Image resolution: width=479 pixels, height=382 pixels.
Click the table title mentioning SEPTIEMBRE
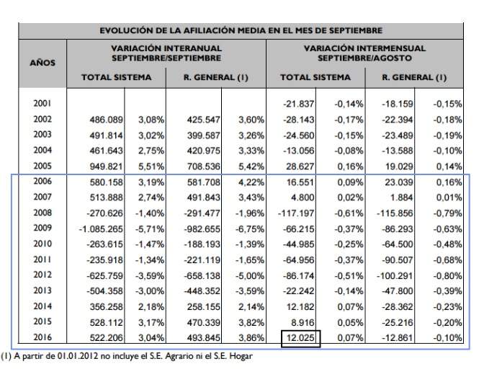[241, 30]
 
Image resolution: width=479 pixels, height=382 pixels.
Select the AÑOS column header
[42, 63]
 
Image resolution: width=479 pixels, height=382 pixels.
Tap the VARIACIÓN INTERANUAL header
[166, 53]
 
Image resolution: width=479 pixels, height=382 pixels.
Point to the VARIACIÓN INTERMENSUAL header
[364, 53]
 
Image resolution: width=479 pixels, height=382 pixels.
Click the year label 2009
[42, 228]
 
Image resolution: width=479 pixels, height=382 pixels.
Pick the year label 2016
[42, 337]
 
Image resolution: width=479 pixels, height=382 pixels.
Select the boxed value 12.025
[300, 338]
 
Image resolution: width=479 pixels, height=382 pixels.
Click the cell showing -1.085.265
[101, 229]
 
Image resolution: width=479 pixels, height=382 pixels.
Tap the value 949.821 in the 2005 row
[106, 166]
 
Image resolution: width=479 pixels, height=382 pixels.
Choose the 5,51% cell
[151, 166]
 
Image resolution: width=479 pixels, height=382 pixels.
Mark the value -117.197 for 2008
[296, 213]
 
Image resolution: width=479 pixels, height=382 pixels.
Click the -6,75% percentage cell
[250, 229]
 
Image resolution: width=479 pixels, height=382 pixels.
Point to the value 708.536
[203, 166]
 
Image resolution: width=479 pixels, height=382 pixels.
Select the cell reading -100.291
[395, 275]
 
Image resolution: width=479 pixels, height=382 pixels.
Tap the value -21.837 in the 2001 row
[298, 105]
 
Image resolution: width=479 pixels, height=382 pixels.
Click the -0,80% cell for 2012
[447, 275]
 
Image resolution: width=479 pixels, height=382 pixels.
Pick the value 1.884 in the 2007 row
[401, 197]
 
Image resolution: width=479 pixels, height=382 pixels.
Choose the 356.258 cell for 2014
[106, 307]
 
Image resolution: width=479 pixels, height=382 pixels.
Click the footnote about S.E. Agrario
[127, 356]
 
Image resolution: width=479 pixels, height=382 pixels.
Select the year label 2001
[42, 103]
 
